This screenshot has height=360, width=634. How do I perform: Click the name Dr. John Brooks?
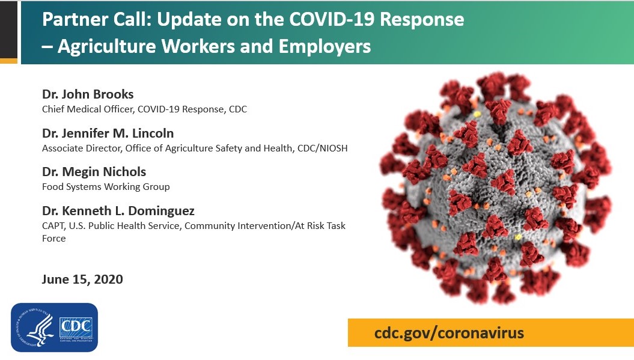[88, 94]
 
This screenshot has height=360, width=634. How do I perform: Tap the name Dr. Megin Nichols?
[94, 172]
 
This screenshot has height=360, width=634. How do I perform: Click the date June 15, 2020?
[82, 279]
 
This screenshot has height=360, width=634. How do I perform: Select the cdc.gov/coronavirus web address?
[449, 332]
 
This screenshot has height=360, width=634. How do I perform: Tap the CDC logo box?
[76, 328]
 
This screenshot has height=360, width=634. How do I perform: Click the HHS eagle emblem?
[35, 328]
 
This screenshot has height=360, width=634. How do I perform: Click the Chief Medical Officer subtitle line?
[144, 109]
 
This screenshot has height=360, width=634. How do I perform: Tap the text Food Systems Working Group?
[106, 187]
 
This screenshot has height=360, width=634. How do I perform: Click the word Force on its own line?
[53, 239]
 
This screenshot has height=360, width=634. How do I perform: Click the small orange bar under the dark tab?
[8, 61]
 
